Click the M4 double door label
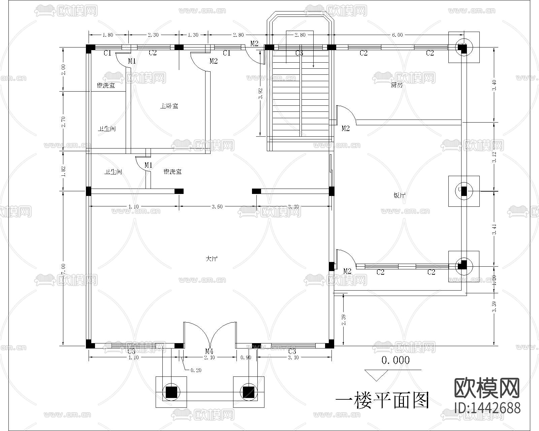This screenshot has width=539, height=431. tap(209, 352)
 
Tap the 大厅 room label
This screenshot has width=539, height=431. tap(212, 259)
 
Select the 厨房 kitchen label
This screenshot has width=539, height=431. tap(397, 85)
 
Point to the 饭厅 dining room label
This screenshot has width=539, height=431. tap(399, 195)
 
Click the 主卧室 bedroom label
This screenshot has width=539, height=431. tap(169, 106)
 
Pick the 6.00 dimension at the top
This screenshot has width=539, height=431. tap(397, 35)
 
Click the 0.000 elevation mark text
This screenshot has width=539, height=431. tap(395, 361)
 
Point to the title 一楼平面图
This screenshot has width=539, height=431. tap(383, 400)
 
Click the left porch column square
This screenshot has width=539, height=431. tap(171, 392)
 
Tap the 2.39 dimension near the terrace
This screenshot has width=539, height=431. tap(343, 320)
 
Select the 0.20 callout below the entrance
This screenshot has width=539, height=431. tap(196, 370)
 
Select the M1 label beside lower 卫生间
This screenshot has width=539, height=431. tap(149, 165)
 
